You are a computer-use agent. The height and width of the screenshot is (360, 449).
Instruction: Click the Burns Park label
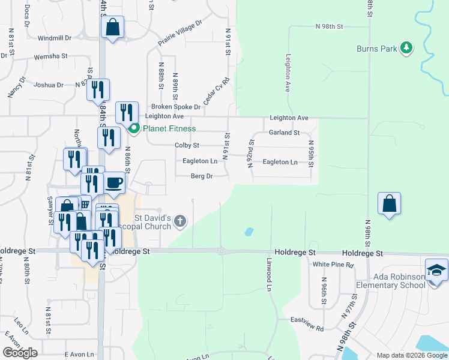click(376, 49)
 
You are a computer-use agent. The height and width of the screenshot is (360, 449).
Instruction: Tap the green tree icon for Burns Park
click(406, 47)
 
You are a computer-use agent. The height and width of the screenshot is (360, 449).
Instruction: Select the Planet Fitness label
click(169, 128)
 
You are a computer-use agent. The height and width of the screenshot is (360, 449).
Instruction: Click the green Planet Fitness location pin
click(134, 128)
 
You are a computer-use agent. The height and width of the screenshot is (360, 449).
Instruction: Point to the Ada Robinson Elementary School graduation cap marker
click(436, 269)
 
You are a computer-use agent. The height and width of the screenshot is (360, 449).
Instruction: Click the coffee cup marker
click(114, 182)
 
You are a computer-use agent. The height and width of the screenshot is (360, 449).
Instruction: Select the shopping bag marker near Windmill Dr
click(112, 27)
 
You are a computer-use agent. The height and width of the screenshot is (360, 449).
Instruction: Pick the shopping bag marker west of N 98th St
click(389, 203)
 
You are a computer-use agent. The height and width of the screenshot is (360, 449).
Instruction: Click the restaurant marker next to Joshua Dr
click(98, 90)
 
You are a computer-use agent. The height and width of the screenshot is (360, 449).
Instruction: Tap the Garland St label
click(284, 133)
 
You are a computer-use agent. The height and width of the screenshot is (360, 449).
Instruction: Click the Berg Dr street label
click(202, 176)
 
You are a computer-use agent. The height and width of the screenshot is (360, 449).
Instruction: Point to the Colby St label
click(187, 145)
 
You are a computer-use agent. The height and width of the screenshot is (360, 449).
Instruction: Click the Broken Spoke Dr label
click(176, 106)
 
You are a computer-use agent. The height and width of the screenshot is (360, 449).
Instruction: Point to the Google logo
click(20, 353)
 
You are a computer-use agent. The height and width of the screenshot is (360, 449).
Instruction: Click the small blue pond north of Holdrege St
click(249, 231)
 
